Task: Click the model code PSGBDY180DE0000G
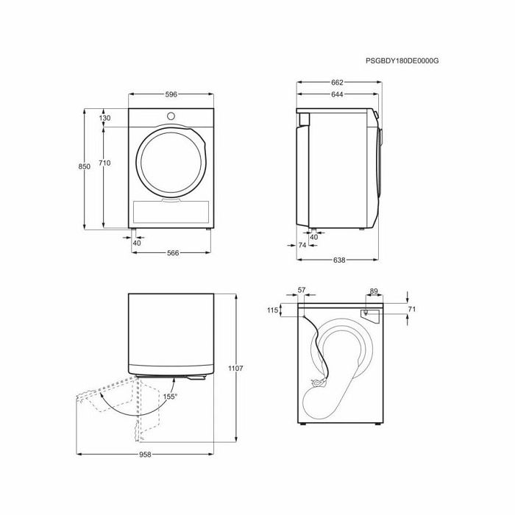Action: coord(402,61)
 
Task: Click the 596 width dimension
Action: coord(171,95)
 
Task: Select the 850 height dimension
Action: coord(84,167)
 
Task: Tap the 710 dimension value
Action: coord(104,163)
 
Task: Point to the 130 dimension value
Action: coord(104,118)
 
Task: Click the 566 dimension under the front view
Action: coord(173,253)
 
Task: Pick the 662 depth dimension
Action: coord(337,82)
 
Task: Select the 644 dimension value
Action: coord(337,95)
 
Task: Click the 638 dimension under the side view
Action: coord(339,260)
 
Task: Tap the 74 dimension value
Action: coord(302,245)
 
